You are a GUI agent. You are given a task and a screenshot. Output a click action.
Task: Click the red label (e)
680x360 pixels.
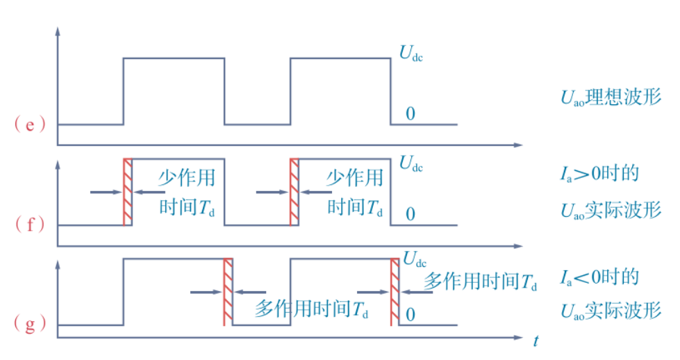coord(28,125)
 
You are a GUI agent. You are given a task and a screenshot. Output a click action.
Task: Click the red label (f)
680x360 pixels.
coord(28,224)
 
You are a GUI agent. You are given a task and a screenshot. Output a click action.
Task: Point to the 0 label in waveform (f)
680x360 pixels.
coord(410,213)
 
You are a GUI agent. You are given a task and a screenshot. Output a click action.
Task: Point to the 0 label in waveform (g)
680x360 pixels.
coord(410,315)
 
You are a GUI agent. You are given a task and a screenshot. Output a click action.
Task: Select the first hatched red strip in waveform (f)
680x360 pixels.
coord(128,192)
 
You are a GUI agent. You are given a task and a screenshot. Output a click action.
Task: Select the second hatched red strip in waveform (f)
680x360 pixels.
coord(295,192)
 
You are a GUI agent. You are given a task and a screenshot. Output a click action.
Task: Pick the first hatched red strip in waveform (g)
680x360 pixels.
coord(228,292)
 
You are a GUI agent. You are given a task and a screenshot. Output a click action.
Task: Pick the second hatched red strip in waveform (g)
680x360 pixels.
coord(395,292)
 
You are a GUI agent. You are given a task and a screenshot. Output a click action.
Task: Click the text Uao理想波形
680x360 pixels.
coord(611,97)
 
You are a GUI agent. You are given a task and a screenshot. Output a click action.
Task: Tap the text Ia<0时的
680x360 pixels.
coord(599,277)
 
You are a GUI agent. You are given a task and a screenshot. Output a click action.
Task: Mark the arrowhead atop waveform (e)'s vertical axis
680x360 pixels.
coord(58,31)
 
